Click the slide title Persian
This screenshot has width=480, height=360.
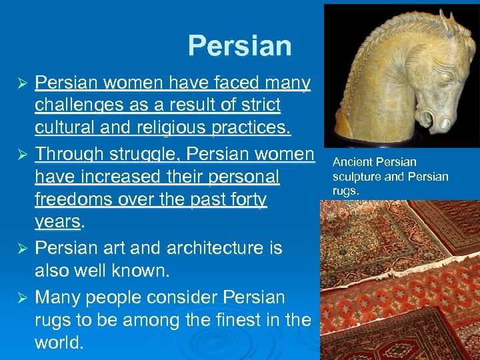point(239,46)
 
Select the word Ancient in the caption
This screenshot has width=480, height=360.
point(352,162)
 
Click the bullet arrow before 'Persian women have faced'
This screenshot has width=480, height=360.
point(21,83)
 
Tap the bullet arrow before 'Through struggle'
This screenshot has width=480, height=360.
point(21,154)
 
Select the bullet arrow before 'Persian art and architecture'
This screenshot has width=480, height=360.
point(21,249)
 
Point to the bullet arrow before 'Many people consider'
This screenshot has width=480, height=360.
point(21,297)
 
